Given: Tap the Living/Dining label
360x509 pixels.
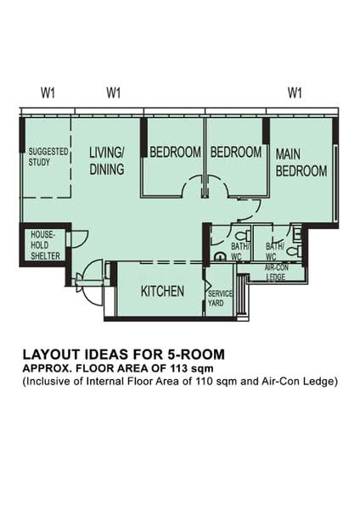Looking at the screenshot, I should click(x=106, y=160).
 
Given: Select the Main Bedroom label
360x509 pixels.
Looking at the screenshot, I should click(x=301, y=162).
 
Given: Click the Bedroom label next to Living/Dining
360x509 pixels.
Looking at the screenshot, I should click(x=175, y=153).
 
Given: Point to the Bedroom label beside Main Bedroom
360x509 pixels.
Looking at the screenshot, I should click(x=235, y=153).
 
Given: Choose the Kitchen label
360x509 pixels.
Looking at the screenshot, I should click(x=162, y=291).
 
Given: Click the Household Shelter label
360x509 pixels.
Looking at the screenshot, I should click(x=42, y=244).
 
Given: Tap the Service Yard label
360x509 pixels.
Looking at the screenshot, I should click(x=220, y=299).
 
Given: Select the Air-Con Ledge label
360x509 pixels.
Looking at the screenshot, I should click(x=275, y=272).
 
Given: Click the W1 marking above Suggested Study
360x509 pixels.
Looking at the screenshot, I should click(x=47, y=92).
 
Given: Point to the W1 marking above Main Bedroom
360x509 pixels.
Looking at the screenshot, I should click(x=295, y=92).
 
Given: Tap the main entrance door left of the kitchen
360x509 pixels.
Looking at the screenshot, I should click(x=88, y=276).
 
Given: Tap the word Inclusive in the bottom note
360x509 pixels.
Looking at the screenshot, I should click(x=50, y=382).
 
